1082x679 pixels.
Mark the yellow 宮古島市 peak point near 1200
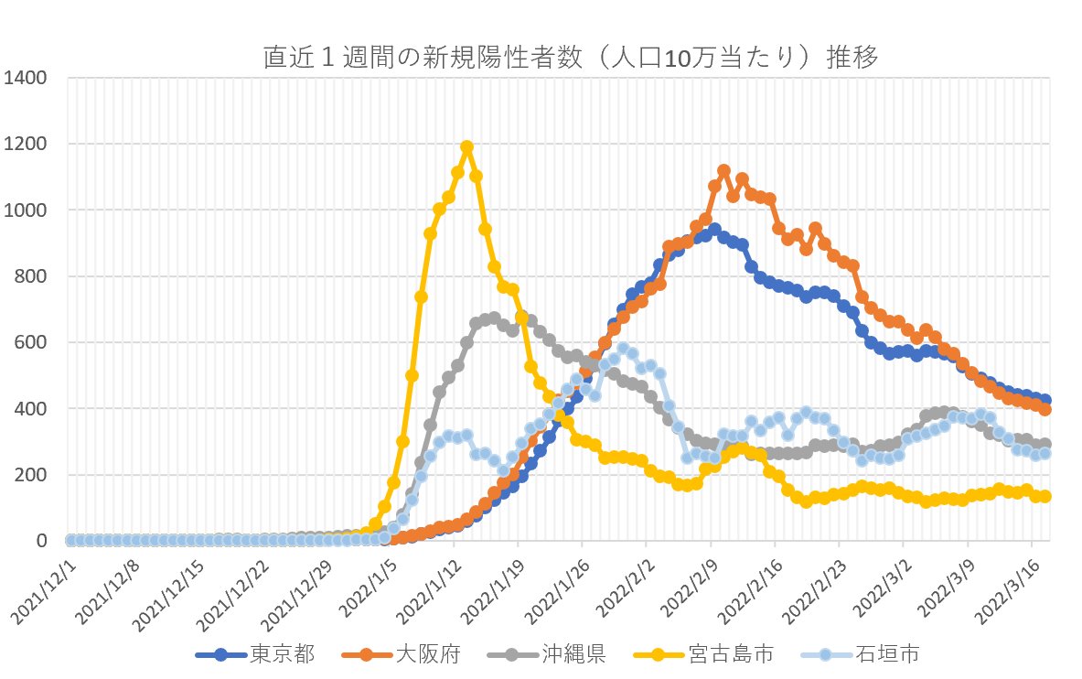[466, 146]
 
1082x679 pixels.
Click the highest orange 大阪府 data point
[723, 171]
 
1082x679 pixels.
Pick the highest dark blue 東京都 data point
[714, 230]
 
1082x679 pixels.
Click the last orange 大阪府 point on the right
[1045, 409]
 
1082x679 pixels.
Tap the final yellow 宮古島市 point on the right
[1045, 496]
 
